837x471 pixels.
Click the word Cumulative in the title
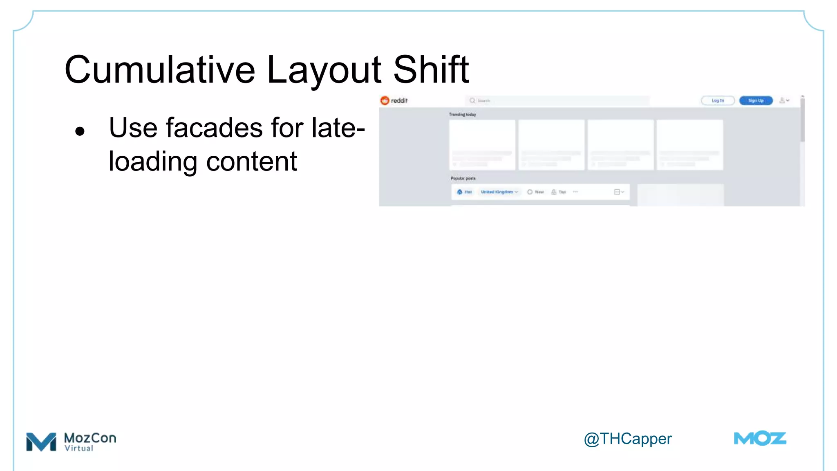click(160, 70)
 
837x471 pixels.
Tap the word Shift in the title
click(431, 70)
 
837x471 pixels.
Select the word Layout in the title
click(324, 70)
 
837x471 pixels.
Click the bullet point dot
click(80, 131)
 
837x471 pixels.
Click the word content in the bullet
click(251, 161)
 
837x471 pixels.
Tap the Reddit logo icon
click(385, 101)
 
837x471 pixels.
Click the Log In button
click(718, 101)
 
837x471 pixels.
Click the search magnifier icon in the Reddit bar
click(472, 101)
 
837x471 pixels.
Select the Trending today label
click(463, 114)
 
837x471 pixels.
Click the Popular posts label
click(463, 178)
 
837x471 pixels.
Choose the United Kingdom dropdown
click(499, 192)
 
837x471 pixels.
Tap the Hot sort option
click(465, 192)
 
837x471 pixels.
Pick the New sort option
click(536, 192)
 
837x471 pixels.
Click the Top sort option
click(559, 192)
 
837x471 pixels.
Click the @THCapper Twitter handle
click(627, 439)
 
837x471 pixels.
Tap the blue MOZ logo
click(760, 439)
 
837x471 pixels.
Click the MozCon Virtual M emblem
click(41, 442)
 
